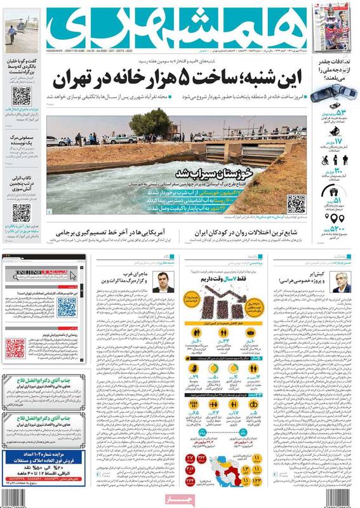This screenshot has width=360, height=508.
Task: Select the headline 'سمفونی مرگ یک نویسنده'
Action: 24,139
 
